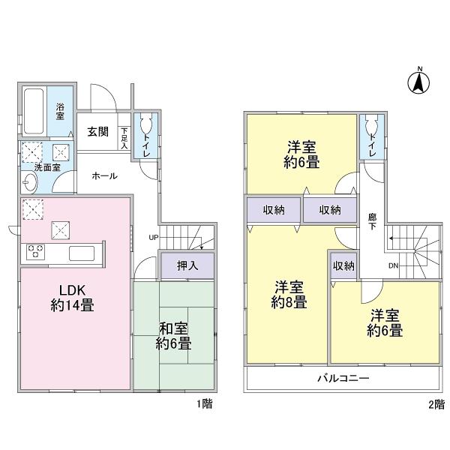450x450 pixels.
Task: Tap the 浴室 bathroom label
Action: click(61, 112)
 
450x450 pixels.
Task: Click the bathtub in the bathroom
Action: click(34, 112)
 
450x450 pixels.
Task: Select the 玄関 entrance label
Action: click(97, 133)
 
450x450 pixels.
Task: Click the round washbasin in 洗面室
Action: click(29, 181)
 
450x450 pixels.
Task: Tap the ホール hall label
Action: click(103, 175)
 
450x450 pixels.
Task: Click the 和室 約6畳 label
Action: click(173, 335)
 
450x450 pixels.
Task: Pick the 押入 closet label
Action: click(187, 265)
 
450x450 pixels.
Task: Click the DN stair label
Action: click(392, 265)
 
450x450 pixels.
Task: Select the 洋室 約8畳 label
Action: click(289, 294)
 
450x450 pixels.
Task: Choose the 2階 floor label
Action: click(436, 405)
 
